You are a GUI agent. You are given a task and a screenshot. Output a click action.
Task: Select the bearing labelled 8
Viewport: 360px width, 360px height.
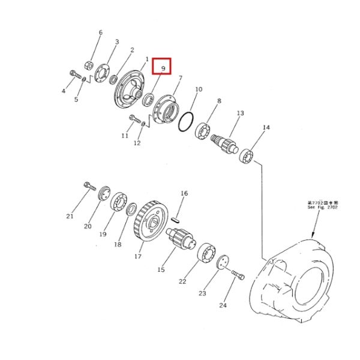202,130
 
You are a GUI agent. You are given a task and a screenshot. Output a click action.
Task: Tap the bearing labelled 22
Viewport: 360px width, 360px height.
207,253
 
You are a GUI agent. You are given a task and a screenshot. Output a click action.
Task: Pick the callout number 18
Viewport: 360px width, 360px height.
118,244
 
